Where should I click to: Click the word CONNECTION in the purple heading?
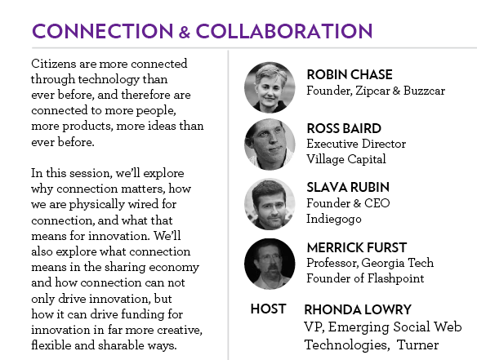point(103,31)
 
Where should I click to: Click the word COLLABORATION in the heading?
point(284,31)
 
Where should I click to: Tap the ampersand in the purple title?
point(185,32)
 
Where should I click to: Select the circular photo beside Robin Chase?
point(270,87)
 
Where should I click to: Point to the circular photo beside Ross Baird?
point(270,144)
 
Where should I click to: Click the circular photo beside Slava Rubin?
point(270,204)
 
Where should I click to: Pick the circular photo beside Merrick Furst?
point(270,264)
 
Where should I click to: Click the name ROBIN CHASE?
point(350,75)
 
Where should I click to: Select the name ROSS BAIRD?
point(344,129)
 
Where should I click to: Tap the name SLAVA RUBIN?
point(348,188)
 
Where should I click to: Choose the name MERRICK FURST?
point(357,248)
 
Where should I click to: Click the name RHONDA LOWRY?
point(358,310)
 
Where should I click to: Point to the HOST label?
point(268,309)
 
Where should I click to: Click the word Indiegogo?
point(334,220)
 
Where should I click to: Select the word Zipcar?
point(372,91)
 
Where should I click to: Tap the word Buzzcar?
point(425,91)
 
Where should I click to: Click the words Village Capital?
point(346,159)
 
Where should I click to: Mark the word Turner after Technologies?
point(417,345)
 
